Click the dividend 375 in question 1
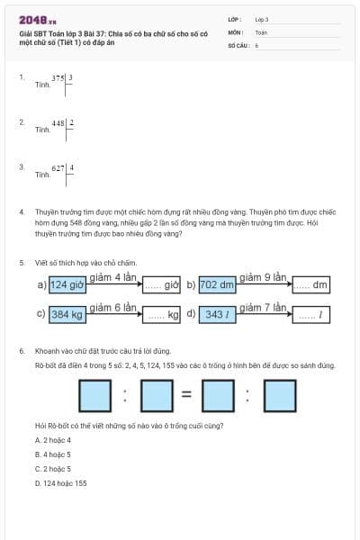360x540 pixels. [x=59, y=78]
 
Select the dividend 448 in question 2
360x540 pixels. [x=59, y=123]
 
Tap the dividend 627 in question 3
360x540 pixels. [x=59, y=168]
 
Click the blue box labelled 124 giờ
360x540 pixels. [x=67, y=284]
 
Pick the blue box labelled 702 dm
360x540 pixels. [x=216, y=284]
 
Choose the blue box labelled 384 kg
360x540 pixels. [x=67, y=314]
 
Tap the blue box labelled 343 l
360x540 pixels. [x=216, y=314]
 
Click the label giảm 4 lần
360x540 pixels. [x=113, y=276]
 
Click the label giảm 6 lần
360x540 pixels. [x=113, y=307]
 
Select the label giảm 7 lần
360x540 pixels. [x=263, y=307]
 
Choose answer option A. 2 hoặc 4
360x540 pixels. [x=52, y=440]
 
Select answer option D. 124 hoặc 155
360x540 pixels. [x=60, y=483]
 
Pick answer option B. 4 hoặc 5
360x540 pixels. [x=52, y=454]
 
